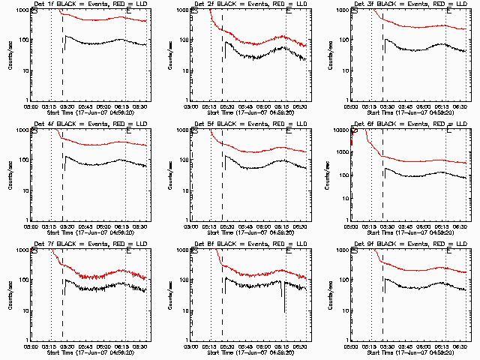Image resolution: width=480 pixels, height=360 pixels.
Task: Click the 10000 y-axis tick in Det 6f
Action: click(339, 130)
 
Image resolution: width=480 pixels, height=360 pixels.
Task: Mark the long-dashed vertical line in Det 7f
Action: click(62, 300)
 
